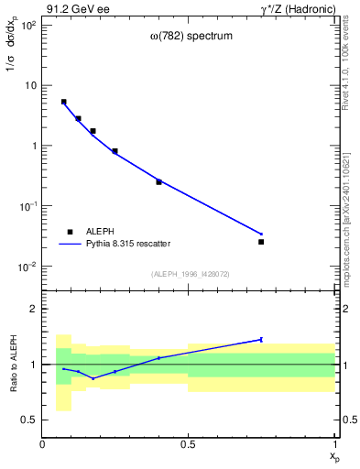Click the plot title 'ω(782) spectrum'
(x=191, y=37)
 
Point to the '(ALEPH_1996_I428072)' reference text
(x=190, y=274)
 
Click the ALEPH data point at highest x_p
(x=261, y=242)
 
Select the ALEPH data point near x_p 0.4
(x=158, y=181)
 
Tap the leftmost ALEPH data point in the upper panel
(x=63, y=102)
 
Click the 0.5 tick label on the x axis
(x=189, y=444)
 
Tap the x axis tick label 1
(x=335, y=444)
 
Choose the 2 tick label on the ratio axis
(x=33, y=309)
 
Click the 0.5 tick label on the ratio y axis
(x=29, y=420)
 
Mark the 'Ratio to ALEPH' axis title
(x=12, y=364)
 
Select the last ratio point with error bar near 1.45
(x=261, y=339)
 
